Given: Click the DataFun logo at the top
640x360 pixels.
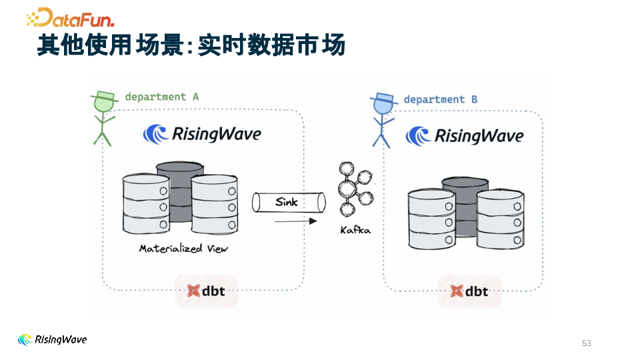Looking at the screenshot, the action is [70, 17].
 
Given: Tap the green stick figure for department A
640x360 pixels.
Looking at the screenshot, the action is [103, 119].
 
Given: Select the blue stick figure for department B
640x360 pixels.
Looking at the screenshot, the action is [383, 121].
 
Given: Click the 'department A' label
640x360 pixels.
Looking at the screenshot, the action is [161, 97].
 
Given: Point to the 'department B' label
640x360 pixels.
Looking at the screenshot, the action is [441, 99].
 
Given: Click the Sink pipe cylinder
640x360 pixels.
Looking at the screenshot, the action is [289, 203].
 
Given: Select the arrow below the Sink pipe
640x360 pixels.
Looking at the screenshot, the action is [295, 221].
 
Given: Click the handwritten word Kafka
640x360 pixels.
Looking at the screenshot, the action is [355, 230].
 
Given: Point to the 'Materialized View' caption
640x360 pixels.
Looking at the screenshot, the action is [183, 249].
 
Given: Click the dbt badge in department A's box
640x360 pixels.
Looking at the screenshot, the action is [207, 291].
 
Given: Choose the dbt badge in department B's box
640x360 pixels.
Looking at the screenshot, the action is [470, 291].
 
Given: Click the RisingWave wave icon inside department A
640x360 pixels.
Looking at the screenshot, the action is [155, 134].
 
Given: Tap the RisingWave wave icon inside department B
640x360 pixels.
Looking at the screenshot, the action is [418, 136].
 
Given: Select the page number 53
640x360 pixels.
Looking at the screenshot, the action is [587, 343].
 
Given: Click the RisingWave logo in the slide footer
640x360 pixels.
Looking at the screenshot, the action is [52, 339].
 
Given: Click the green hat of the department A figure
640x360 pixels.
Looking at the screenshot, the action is [104, 96].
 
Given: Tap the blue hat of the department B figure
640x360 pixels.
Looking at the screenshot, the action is [384, 99].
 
